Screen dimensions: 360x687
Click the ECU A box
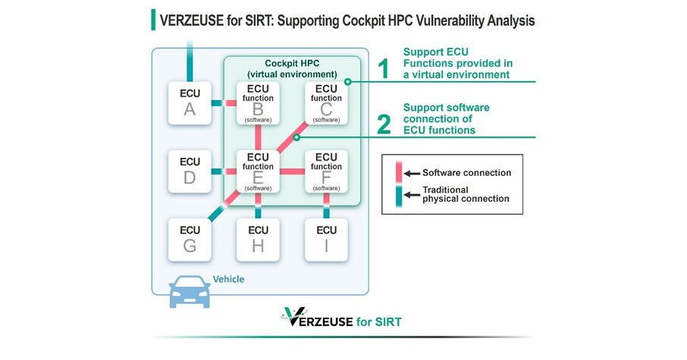tap(190, 104)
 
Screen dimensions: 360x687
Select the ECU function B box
tap(258, 104)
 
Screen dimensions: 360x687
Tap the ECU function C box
tap(327, 104)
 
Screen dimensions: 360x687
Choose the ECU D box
tap(190, 172)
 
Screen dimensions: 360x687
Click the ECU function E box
tap(258, 172)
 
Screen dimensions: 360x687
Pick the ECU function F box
tap(327, 172)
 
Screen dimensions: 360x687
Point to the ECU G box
tap(190, 239)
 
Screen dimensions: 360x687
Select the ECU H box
tap(258, 239)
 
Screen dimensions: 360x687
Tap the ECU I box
tap(327, 239)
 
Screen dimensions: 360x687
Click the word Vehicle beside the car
tap(228, 279)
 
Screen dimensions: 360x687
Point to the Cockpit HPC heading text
tap(292, 67)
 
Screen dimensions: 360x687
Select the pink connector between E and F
tap(293, 172)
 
